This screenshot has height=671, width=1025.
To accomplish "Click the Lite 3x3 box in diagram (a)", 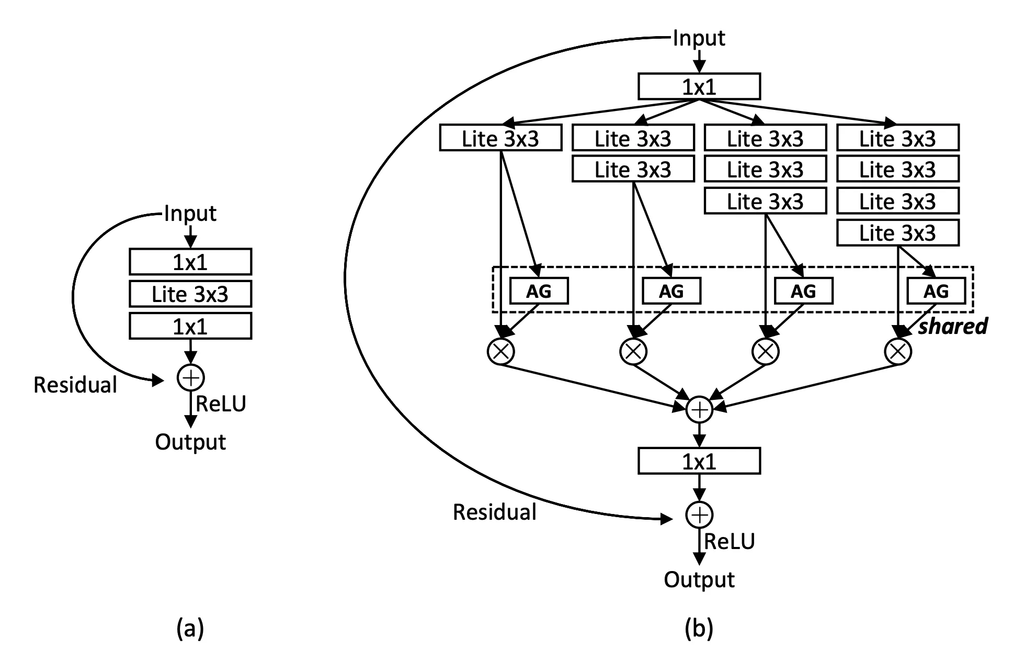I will pos(190,294).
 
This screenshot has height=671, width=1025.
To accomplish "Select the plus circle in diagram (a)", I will pos(191,377).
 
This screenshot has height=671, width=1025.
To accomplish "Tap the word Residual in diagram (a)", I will pos(75,385).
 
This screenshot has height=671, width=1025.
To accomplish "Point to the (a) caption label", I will pos(190,628).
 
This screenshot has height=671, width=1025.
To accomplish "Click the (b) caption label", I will pos(699,628).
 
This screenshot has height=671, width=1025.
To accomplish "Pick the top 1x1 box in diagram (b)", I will pos(699,86).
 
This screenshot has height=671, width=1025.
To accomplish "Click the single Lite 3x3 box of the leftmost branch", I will pos(500,138).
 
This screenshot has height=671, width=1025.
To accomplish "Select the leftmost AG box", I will pos(539,291).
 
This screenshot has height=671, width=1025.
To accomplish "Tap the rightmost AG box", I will pos(936,291).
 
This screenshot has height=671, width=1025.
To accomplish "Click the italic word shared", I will pos(953,326).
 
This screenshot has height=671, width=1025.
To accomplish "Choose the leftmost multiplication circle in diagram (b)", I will pos(501,351).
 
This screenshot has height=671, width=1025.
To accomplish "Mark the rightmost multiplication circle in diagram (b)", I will pos(898,351).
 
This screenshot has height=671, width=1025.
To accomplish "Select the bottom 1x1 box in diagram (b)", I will pos(699,461).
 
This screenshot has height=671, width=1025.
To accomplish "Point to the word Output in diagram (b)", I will pos(699,580).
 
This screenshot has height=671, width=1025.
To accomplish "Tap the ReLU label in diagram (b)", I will pos(730,542).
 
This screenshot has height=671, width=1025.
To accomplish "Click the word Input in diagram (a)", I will pos(190,214).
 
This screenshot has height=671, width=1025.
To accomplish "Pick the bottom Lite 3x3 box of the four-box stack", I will pos(898,233).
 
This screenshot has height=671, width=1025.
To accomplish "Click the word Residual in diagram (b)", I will pos(495,512).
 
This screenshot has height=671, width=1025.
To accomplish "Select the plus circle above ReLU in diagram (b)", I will pos(699,515).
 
